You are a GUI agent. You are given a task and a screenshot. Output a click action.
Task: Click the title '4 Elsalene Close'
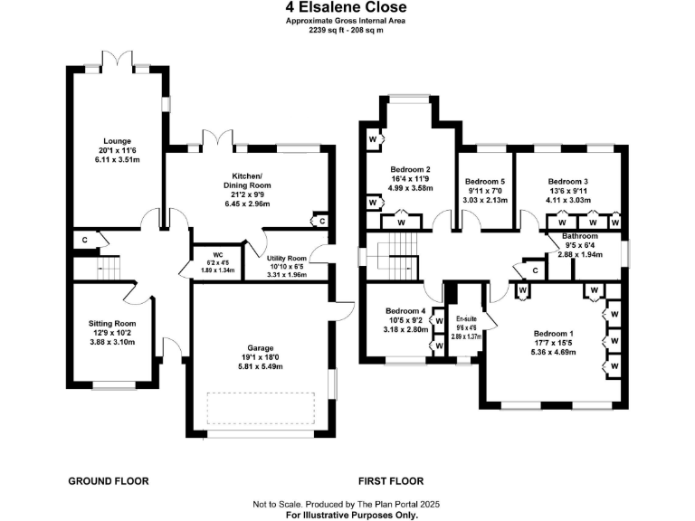[x=347, y=8]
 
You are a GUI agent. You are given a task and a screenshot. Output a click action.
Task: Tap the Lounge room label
[x=118, y=149]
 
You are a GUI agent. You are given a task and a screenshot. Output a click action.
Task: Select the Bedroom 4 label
[x=405, y=319]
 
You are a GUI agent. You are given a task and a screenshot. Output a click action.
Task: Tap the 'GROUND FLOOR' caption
[x=109, y=481]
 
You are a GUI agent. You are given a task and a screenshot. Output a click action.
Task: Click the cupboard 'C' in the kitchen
[x=321, y=220]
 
